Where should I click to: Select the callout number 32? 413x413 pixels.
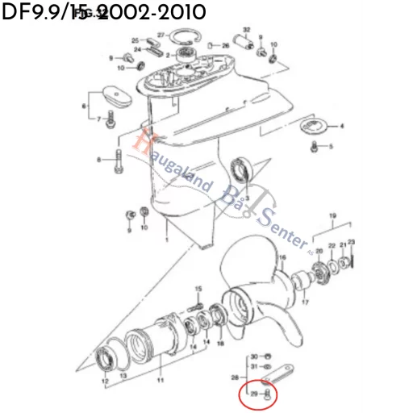(x=246, y=29)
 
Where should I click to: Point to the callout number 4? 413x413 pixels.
(x=340, y=127)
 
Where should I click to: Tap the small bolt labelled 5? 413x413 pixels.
(x=314, y=146)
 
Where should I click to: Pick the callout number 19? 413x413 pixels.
(x=332, y=216)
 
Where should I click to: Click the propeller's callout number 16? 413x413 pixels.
(x=282, y=258)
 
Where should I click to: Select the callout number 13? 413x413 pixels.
(x=123, y=376)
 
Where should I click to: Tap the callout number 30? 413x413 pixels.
(x=253, y=356)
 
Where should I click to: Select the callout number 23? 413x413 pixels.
(x=351, y=243)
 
